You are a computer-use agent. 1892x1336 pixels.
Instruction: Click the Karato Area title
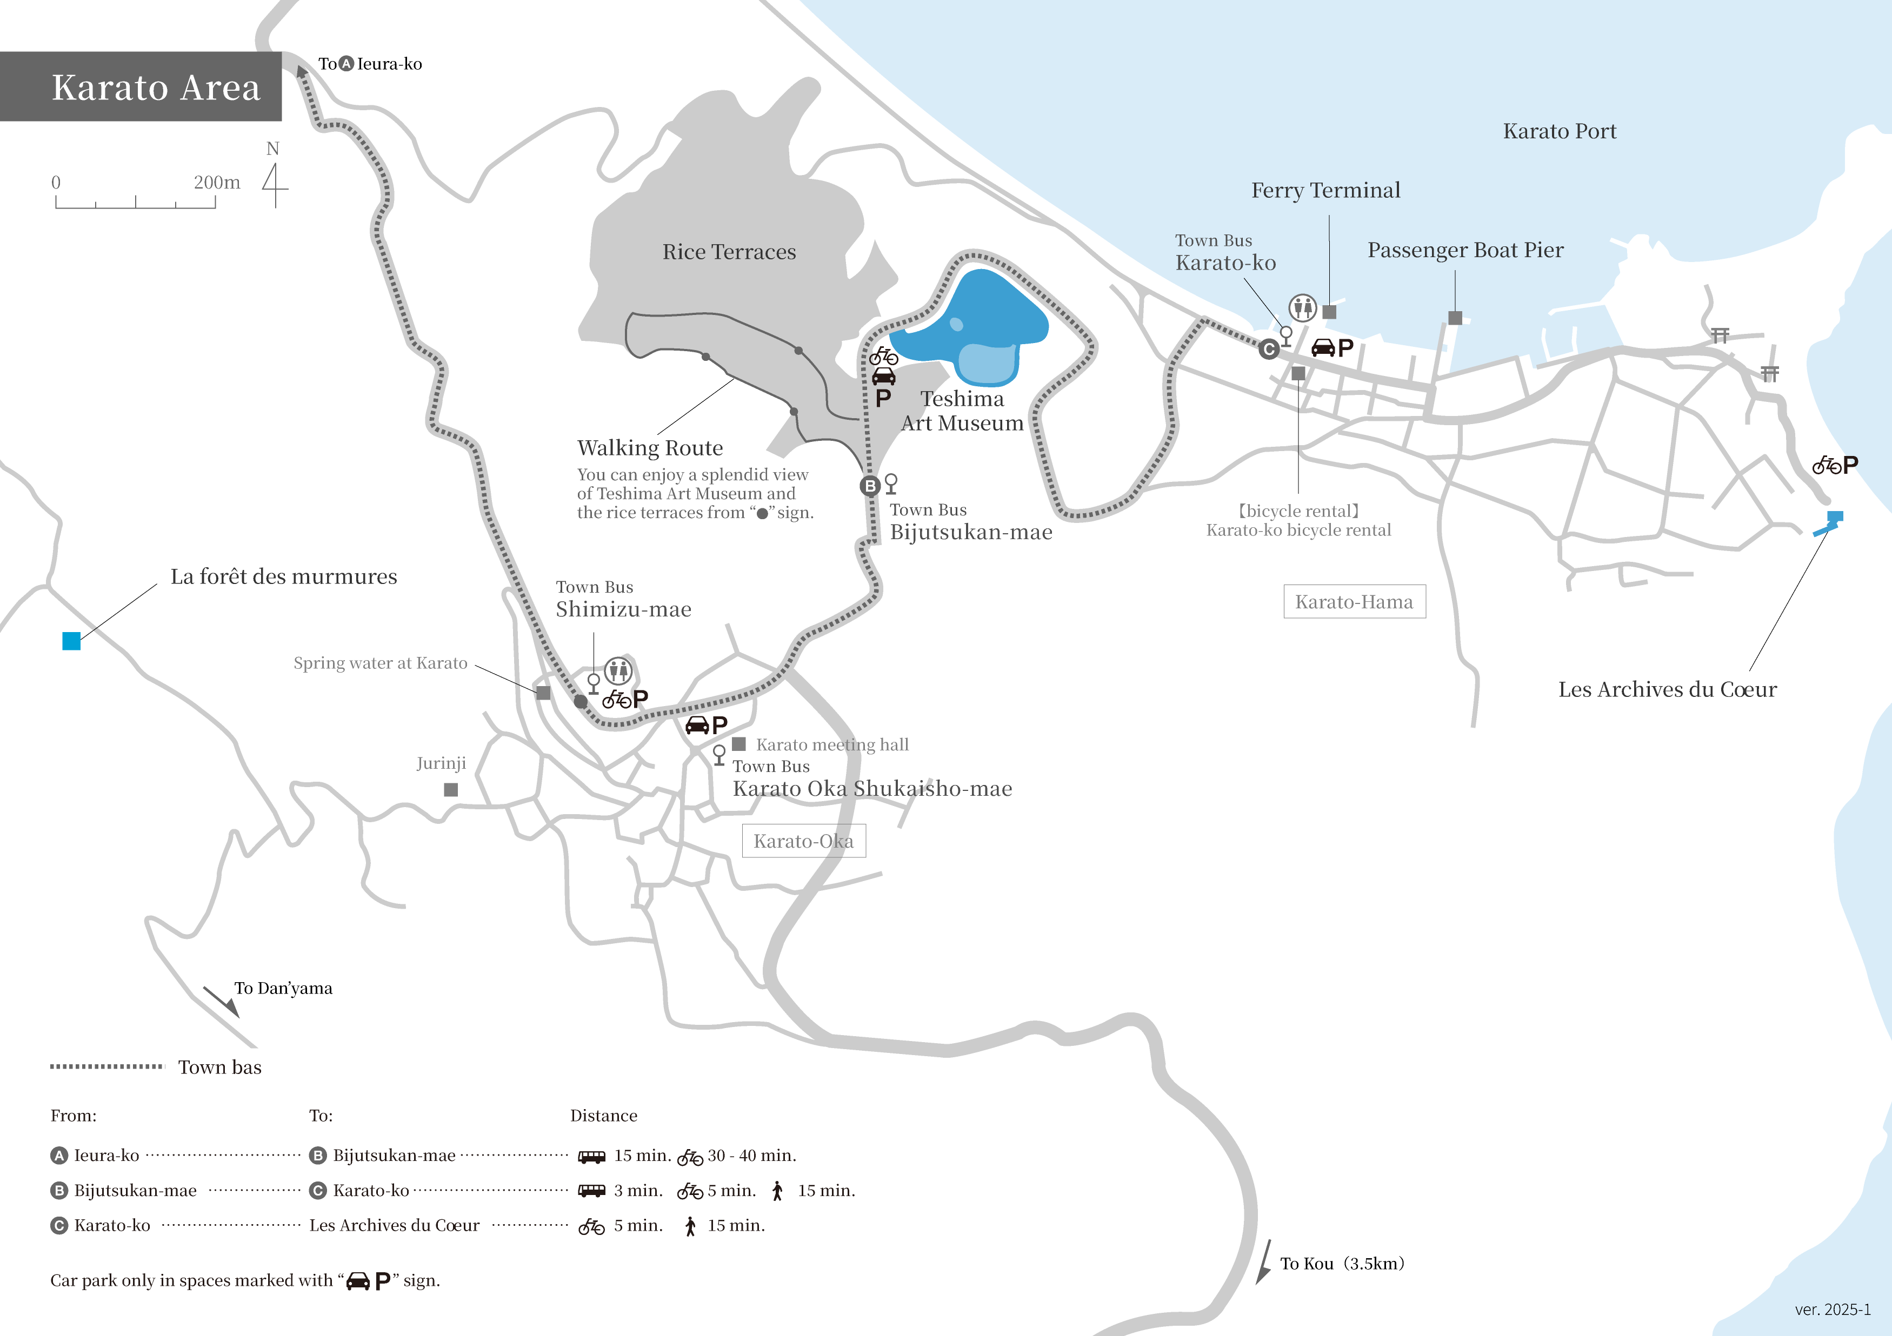(x=156, y=88)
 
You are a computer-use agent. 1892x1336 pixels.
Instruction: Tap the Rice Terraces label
(x=729, y=252)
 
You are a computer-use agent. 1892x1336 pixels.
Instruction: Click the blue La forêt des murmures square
(x=72, y=641)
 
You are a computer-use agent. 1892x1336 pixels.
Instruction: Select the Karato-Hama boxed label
(x=1354, y=602)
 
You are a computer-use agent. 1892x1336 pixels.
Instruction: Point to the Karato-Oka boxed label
(x=803, y=841)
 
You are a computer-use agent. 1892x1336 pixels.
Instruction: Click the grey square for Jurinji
(x=451, y=789)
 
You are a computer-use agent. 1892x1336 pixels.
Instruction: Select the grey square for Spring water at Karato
(x=543, y=693)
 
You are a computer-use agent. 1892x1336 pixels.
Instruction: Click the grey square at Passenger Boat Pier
(x=1455, y=318)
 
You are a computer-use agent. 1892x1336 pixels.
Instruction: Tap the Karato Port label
(x=1559, y=132)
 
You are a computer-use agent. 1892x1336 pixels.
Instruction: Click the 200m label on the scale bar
(x=217, y=182)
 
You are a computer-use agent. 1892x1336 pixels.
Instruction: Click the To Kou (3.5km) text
(x=1342, y=1264)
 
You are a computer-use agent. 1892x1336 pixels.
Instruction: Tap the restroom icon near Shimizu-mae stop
(x=618, y=670)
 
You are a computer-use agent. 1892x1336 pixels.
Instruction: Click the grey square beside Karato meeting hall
(x=739, y=744)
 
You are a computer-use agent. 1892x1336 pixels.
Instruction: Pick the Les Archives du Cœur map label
(x=1667, y=689)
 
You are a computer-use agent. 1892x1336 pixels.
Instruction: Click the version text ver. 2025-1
(x=1832, y=1310)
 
